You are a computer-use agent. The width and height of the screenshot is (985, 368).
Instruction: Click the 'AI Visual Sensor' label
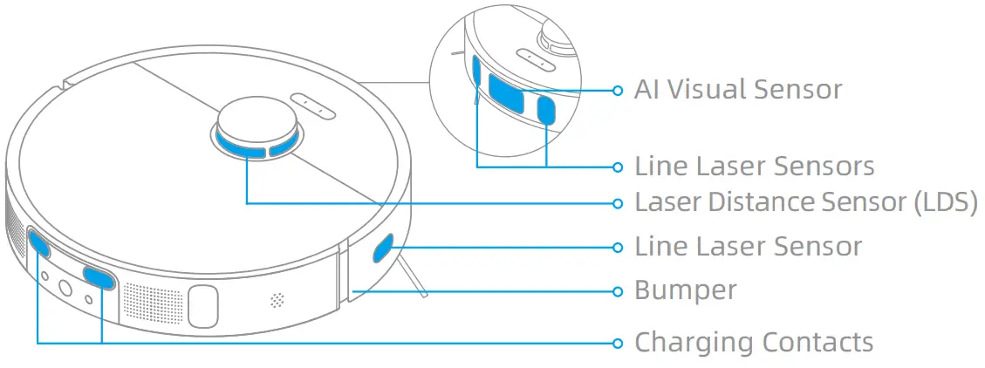click(738, 89)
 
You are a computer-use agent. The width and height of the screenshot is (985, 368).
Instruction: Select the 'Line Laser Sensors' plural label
click(754, 166)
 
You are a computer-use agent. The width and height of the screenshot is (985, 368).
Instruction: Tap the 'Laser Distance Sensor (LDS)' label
click(805, 202)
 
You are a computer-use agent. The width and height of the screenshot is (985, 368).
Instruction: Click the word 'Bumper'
click(686, 290)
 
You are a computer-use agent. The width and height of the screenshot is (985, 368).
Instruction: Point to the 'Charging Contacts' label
click(754, 342)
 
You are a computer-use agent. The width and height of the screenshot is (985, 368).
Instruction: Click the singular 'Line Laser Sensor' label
click(748, 247)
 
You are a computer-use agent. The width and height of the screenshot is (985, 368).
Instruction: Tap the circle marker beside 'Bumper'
click(618, 290)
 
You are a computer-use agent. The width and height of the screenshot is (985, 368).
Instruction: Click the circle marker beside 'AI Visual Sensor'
click(618, 89)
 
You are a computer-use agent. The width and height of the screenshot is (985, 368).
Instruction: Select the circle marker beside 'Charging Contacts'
click(618, 342)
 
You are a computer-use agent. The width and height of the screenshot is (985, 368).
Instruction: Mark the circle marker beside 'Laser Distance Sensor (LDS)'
click(618, 202)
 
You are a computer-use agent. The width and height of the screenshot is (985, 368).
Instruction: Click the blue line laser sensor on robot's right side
click(384, 249)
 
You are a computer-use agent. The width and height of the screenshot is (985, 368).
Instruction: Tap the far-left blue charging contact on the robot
click(39, 243)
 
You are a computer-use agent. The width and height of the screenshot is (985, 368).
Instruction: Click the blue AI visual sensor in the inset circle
click(507, 92)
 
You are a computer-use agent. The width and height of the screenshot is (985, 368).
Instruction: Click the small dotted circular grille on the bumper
click(277, 300)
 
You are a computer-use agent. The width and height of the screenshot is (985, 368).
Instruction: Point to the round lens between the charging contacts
click(65, 288)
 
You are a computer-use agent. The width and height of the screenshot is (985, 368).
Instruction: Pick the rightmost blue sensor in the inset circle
click(547, 110)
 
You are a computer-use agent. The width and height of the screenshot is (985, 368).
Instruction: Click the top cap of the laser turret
click(255, 119)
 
